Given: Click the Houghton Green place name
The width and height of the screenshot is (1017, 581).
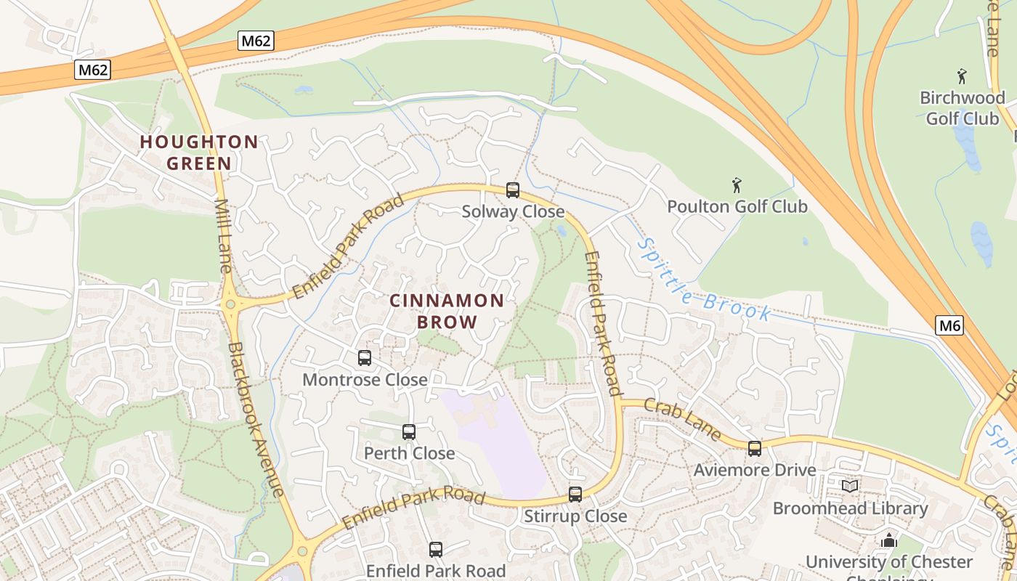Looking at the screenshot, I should pos(199,153).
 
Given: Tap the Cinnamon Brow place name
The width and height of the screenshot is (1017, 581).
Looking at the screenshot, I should pos(447,311).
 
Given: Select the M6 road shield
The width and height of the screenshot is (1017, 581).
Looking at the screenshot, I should pos(949,325).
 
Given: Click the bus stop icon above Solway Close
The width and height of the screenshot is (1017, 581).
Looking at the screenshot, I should pos(513,190).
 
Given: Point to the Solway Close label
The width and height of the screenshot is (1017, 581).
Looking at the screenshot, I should pos(513,211).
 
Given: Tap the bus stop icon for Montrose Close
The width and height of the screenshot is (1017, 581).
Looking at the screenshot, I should pos(365,358).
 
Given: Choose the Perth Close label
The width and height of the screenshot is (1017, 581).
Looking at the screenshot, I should pos(409,453).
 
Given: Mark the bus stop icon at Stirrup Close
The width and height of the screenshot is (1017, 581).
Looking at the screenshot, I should pos(575,495).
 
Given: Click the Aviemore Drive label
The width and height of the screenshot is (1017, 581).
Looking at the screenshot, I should pos(755,470).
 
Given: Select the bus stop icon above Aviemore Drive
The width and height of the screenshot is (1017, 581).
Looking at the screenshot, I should pos(755,449).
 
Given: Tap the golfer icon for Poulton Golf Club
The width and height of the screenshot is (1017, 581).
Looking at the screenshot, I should pos(737,185).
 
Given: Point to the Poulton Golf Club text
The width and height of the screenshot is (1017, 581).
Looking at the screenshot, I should pos(737,207).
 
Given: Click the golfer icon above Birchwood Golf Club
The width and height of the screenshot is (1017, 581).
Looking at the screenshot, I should pos(962,76).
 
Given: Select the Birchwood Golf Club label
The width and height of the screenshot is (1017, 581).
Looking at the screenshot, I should pos(962,107).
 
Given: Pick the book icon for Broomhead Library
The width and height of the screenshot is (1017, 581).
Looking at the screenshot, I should pos(850,486).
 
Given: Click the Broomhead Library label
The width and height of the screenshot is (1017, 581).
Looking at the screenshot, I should pos(850,508).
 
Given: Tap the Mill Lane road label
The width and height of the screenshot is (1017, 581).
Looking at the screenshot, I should pos(223,236).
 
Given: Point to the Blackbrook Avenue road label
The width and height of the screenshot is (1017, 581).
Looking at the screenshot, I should pos(255,419).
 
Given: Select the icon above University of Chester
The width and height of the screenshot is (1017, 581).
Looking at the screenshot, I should pos(888,540).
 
